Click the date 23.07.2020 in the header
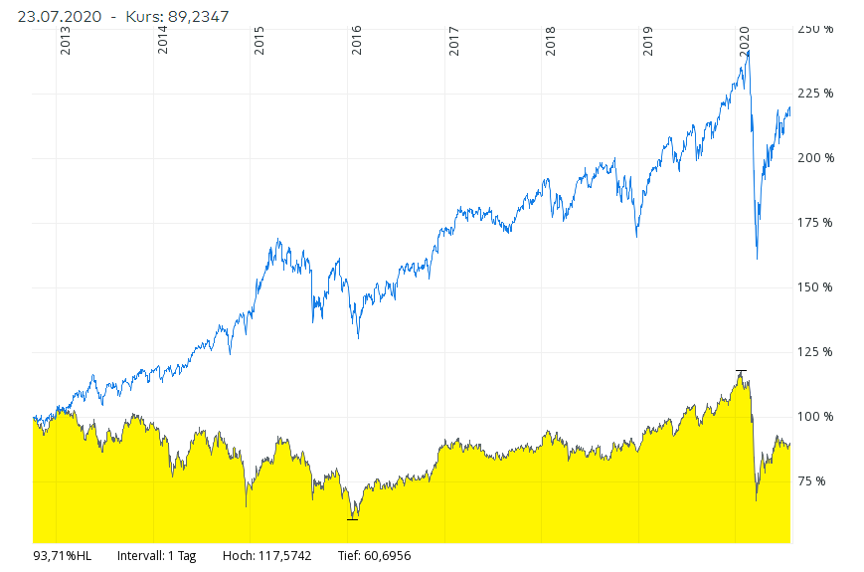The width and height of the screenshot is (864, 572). (x=52, y=16)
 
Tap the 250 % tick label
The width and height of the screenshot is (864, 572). (x=815, y=29)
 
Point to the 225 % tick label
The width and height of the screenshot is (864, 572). (x=815, y=94)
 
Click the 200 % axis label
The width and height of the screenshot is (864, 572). (x=815, y=158)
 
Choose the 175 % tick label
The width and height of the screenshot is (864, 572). (x=815, y=223)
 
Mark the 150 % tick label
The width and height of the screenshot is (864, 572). (x=815, y=287)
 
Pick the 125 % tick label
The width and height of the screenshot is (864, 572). (x=815, y=352)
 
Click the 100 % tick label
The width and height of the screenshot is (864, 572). (x=815, y=417)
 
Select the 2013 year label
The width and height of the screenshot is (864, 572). (x=66, y=40)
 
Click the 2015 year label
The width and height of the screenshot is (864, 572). (x=259, y=40)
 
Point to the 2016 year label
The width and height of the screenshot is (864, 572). (x=357, y=40)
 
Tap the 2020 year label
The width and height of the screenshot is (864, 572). (x=745, y=40)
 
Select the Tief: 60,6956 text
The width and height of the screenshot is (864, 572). (x=374, y=556)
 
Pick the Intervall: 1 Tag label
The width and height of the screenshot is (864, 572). (x=156, y=556)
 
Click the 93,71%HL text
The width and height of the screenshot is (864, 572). (x=62, y=556)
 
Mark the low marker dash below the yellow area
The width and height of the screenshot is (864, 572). (x=352, y=519)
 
